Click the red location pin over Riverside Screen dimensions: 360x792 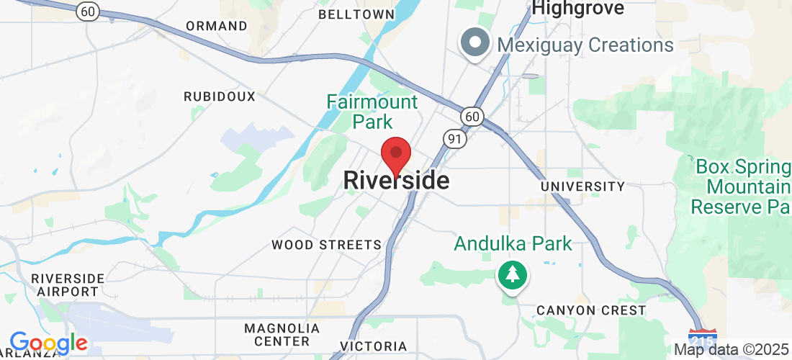395,153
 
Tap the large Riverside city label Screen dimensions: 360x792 397,180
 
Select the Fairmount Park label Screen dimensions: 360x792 372,111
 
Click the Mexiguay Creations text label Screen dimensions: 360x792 585,45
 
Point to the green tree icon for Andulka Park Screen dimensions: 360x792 512,274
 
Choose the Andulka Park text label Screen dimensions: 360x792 513,243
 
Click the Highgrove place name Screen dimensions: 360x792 578,9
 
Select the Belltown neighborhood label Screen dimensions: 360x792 356,14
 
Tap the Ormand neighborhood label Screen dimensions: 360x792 217,26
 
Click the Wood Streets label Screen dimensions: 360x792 326,245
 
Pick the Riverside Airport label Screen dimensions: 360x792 69,284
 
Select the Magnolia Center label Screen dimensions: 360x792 276,334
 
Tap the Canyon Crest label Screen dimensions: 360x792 591,310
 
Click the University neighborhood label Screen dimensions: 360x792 582,186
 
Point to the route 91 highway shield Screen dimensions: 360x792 456,138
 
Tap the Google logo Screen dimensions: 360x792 48,343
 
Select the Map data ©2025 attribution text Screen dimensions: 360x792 732,350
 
